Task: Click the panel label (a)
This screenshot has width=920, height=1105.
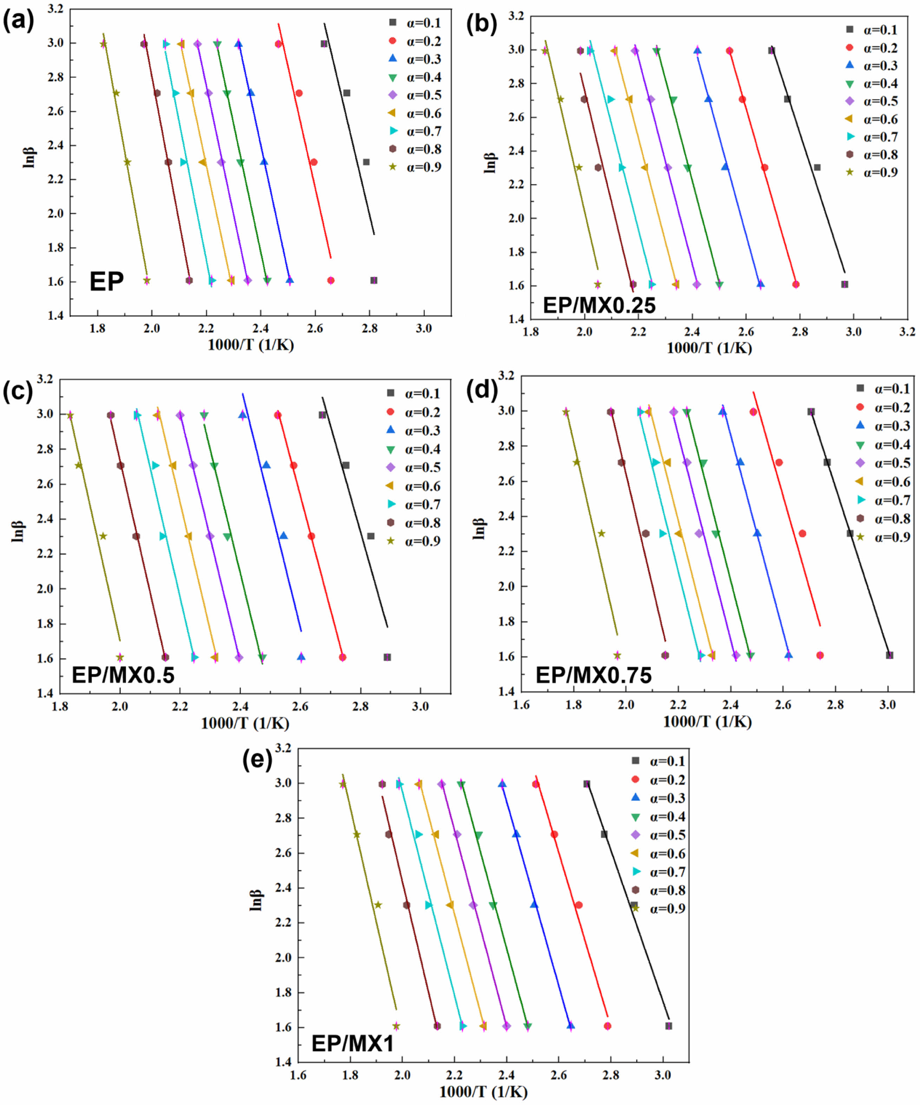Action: [18, 22]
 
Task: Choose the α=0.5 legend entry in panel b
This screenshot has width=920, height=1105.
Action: [873, 101]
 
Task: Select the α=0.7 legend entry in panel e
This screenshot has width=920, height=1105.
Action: [660, 872]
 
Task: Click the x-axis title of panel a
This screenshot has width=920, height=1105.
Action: [251, 344]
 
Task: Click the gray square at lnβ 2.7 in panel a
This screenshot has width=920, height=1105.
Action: [347, 93]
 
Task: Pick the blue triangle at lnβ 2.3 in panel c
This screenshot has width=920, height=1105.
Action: [283, 536]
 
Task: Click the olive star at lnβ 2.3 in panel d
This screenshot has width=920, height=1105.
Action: [602, 534]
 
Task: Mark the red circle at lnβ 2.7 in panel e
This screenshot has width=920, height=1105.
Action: [554, 835]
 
